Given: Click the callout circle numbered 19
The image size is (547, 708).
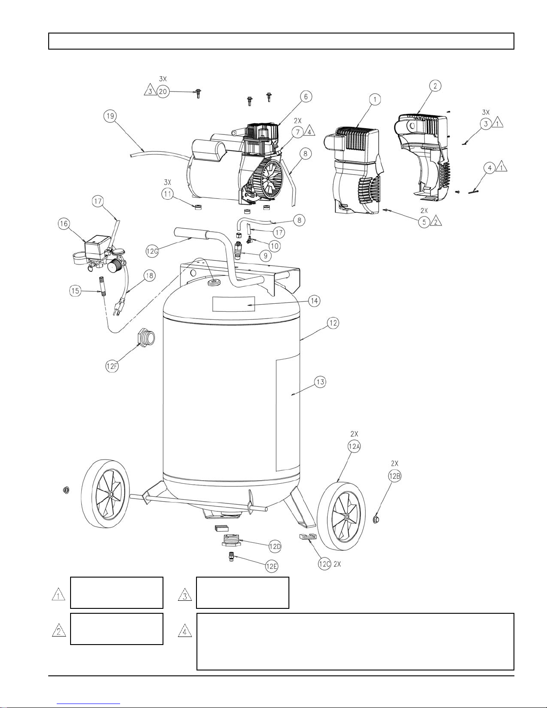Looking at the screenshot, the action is tap(110, 116).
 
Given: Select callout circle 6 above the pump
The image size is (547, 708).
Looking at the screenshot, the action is tap(306, 97).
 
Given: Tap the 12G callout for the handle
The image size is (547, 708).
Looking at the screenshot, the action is tap(152, 251).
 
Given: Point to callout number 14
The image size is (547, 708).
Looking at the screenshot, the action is tap(314, 301).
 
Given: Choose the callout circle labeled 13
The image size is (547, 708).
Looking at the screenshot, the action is tap(321, 382).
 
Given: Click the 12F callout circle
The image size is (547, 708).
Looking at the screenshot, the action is tap(112, 366).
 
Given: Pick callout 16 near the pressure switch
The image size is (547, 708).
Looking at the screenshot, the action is tap(64, 223).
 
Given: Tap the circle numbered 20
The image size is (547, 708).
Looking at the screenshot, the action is tap(163, 92).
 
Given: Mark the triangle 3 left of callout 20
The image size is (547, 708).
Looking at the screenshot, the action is tap(150, 90).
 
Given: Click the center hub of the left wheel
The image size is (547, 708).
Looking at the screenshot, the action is tap(111, 494).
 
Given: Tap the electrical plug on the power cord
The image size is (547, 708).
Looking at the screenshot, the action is tap(117, 308).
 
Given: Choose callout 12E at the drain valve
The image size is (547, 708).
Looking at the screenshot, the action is tap(271, 566).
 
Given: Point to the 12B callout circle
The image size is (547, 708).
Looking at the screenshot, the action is tap(395, 476).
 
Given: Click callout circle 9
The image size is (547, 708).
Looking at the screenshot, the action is tap(265, 256).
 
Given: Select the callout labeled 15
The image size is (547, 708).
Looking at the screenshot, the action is tap(75, 291).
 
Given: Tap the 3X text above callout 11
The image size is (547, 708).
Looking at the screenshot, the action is tap(167, 182).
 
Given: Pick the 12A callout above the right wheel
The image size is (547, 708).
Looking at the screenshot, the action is tap(354, 446).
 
